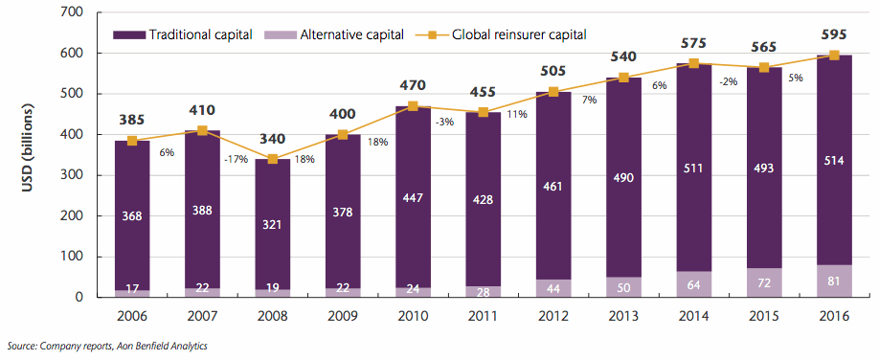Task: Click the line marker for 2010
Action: point(414,106)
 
